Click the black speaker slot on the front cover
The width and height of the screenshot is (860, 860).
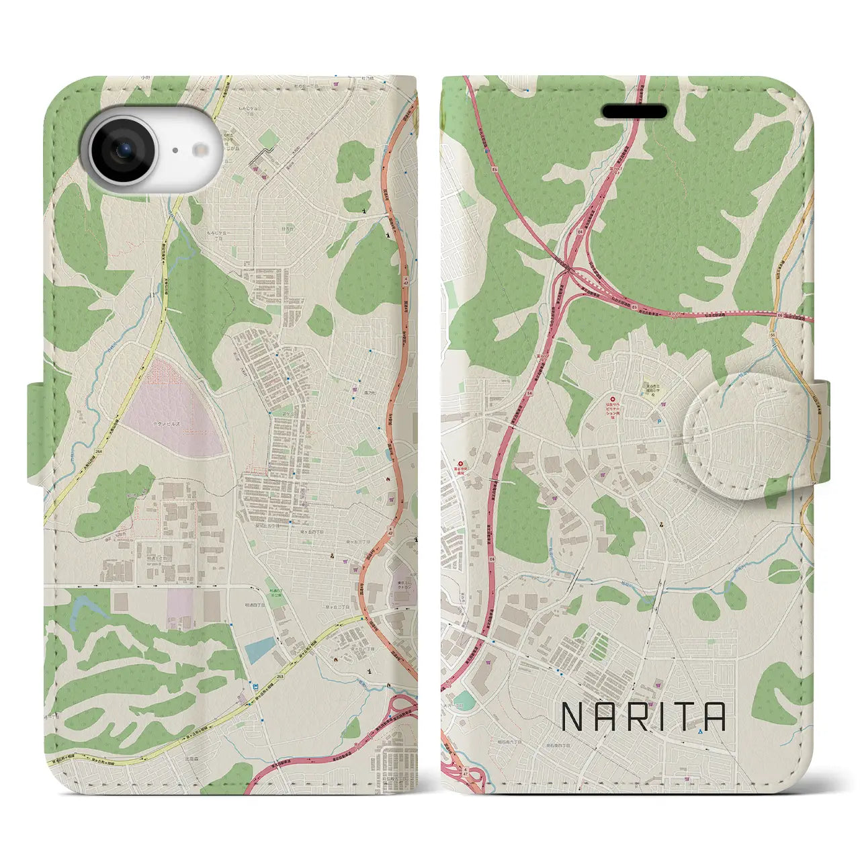tap(634, 112)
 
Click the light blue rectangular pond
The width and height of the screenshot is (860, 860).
tap(260, 649)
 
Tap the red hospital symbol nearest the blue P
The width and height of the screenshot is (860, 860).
tap(613, 400)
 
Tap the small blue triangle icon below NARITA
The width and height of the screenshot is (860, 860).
tap(700, 732)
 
